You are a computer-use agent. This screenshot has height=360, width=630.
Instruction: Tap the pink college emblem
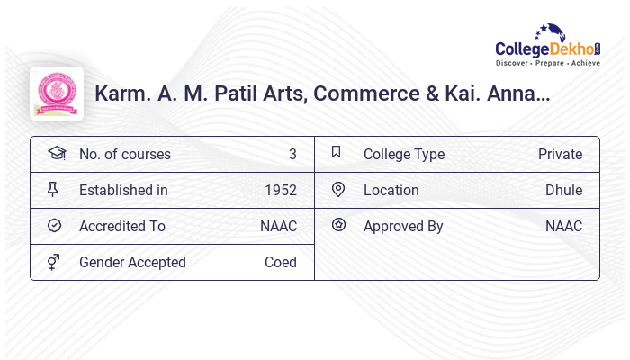point(57,94)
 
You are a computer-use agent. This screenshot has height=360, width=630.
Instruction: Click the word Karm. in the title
point(121,94)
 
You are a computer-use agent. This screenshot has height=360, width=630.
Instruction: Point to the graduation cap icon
point(57,154)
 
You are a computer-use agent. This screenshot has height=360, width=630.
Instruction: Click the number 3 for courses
point(292,154)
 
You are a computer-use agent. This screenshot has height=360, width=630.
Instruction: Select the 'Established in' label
point(123,190)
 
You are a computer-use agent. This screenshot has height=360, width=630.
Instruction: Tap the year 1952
point(281,190)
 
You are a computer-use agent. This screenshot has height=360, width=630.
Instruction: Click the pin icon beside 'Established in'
point(53,190)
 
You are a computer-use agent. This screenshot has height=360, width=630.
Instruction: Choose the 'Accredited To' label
point(122,226)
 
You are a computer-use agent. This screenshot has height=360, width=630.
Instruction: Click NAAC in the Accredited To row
point(278,226)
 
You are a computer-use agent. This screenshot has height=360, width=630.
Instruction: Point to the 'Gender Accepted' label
point(132,262)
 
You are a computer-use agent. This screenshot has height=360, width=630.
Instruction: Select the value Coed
point(281,262)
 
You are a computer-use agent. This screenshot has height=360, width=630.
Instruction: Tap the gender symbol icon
point(54,262)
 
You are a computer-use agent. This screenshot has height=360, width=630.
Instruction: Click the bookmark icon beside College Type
point(337,153)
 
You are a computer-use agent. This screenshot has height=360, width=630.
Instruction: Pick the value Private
point(560,154)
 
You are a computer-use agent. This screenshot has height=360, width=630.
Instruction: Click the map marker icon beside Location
point(338,189)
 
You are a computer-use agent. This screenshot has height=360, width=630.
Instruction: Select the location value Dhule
point(563,190)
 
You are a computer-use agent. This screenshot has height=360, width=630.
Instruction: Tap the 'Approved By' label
point(403,226)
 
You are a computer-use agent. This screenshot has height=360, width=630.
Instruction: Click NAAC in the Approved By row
point(563,226)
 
